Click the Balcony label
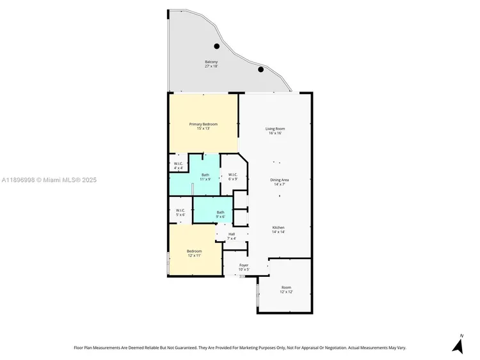point(211,64)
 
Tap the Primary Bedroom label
point(203,126)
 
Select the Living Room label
point(275,131)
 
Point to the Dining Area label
point(278,182)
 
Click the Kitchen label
point(278,230)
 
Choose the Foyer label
point(244,267)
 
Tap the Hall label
point(232,236)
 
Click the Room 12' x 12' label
point(285,290)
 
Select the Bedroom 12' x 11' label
point(194,253)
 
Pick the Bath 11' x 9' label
point(205,177)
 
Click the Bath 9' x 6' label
point(220,214)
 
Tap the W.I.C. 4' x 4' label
point(179,166)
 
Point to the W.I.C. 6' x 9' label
point(232,176)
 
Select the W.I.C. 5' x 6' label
point(180,212)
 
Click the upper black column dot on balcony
point(217,46)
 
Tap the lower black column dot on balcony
point(260,70)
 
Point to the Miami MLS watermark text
point(49,180)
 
